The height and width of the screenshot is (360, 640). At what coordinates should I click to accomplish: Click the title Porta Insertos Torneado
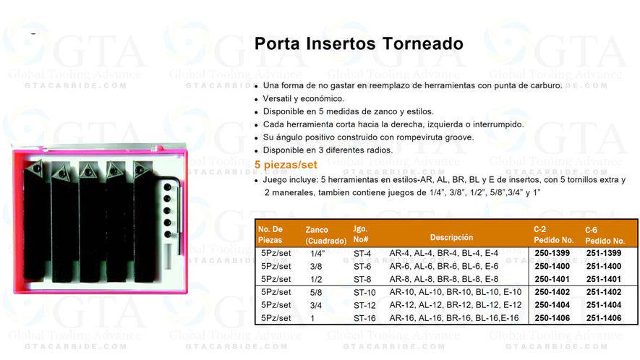[x=359, y=43]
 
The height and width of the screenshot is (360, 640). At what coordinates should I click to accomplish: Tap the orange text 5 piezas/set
[x=286, y=164]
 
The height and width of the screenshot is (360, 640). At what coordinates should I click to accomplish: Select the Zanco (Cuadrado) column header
[x=321, y=235]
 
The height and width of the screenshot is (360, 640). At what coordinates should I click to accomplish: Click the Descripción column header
[x=451, y=236]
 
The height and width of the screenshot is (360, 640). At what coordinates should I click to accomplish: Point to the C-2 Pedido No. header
[x=553, y=235]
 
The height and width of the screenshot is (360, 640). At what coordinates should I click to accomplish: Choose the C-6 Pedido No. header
[x=605, y=235]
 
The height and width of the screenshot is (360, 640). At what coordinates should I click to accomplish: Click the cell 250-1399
[x=552, y=253]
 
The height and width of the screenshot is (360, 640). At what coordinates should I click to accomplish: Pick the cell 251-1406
[x=605, y=317]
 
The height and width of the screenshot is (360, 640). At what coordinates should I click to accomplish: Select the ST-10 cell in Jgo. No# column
[x=364, y=292]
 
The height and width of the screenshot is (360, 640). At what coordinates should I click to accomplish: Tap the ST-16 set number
[x=364, y=317]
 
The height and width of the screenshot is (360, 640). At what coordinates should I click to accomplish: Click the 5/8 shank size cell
[x=317, y=292]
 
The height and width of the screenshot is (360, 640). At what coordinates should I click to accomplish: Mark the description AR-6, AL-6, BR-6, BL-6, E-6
[x=443, y=266]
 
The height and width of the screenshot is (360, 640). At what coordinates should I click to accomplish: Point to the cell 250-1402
[x=552, y=292]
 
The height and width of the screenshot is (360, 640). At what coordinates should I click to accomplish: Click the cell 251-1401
[x=605, y=278]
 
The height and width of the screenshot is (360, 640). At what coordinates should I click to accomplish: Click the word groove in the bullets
[x=459, y=137]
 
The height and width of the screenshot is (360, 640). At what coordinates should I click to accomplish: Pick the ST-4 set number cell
[x=362, y=253]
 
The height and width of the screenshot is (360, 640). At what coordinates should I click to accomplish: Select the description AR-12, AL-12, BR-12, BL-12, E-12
[x=455, y=304]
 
